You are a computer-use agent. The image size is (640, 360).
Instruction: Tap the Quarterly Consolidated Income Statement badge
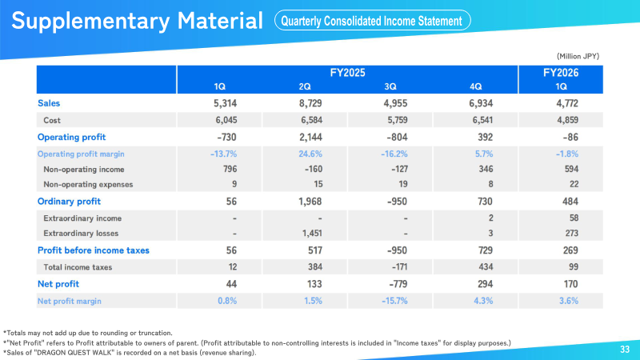coord(372,21)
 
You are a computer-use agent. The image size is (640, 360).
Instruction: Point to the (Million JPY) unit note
coord(578,56)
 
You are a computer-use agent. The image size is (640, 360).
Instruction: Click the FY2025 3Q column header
coord(390,86)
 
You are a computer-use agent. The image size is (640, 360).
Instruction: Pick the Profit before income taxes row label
coord(94,250)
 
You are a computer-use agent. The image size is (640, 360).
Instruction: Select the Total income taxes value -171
coord(390,266)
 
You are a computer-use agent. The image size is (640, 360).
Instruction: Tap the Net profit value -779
coord(390,283)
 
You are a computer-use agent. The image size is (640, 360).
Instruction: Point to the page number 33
coord(625,350)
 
